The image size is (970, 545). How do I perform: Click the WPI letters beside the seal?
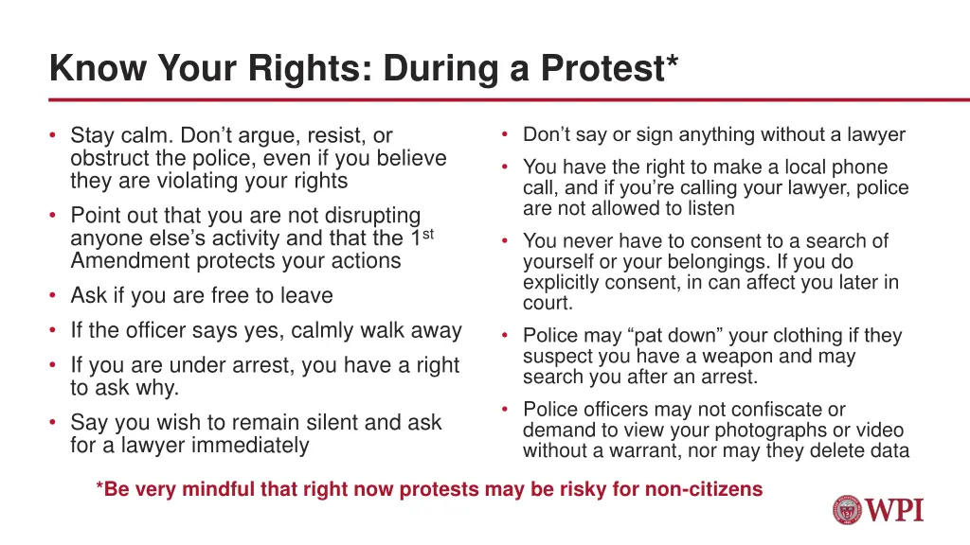(x=894, y=510)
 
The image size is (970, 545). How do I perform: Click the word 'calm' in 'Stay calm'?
(x=146, y=135)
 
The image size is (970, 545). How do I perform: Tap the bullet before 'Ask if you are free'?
(x=54, y=295)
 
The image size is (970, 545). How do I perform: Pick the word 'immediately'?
(x=250, y=445)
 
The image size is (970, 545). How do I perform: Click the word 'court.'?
(x=548, y=303)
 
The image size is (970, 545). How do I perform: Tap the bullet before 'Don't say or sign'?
(x=507, y=134)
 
